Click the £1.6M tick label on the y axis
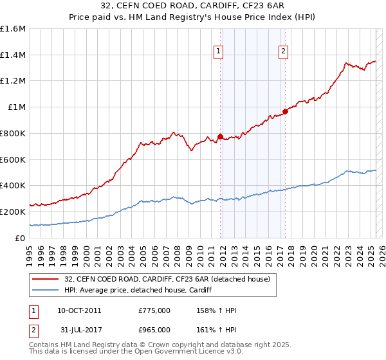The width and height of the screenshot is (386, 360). [13, 29]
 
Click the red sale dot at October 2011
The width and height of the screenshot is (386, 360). [220, 136]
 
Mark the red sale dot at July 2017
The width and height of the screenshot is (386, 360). [285, 112]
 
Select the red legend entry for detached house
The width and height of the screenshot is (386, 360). [170, 279]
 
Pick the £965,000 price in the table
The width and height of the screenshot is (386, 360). [154, 330]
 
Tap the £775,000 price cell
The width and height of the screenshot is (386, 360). [154, 310]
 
